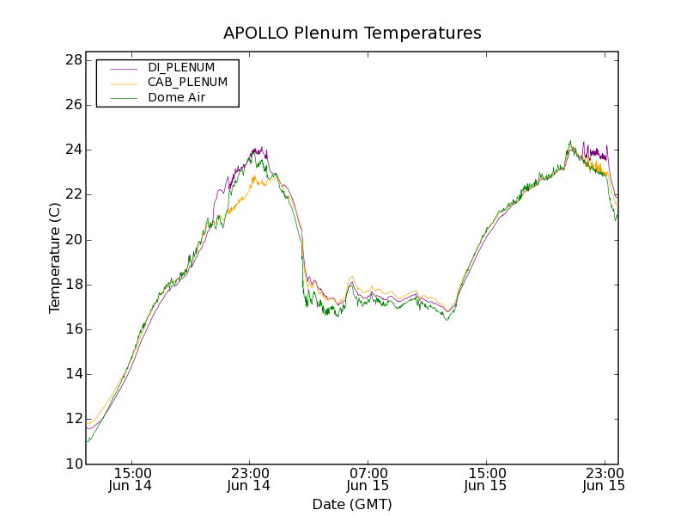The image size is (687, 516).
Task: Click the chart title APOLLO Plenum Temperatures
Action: click(x=352, y=34)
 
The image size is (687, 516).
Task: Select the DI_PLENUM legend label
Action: click(x=181, y=67)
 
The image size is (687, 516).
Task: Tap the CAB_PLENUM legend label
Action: click(x=187, y=83)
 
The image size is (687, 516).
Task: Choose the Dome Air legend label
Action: click(x=177, y=97)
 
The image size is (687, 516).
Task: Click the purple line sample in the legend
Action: click(x=124, y=68)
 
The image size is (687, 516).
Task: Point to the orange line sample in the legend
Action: click(x=124, y=83)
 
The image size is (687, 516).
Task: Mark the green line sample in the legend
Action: click(x=124, y=98)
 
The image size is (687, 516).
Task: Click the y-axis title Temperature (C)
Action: click(x=55, y=258)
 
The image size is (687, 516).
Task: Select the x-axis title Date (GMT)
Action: click(x=352, y=504)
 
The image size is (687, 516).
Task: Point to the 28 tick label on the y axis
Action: click(x=73, y=60)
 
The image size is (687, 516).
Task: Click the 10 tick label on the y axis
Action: click(x=73, y=464)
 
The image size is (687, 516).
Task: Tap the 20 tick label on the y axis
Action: click(x=73, y=240)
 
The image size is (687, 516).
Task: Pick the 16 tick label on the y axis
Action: click(x=73, y=329)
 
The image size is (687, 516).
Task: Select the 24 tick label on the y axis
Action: click(x=73, y=150)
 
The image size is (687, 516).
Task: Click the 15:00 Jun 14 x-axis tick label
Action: click(x=132, y=479)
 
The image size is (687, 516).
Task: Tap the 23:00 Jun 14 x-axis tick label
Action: click(x=249, y=479)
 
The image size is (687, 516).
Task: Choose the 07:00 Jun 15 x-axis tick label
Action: click(x=368, y=479)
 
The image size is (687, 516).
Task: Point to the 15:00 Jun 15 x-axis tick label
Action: click(x=485, y=479)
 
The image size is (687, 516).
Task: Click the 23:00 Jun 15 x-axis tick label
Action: click(x=603, y=479)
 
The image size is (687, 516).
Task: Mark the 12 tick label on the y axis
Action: click(x=73, y=420)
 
